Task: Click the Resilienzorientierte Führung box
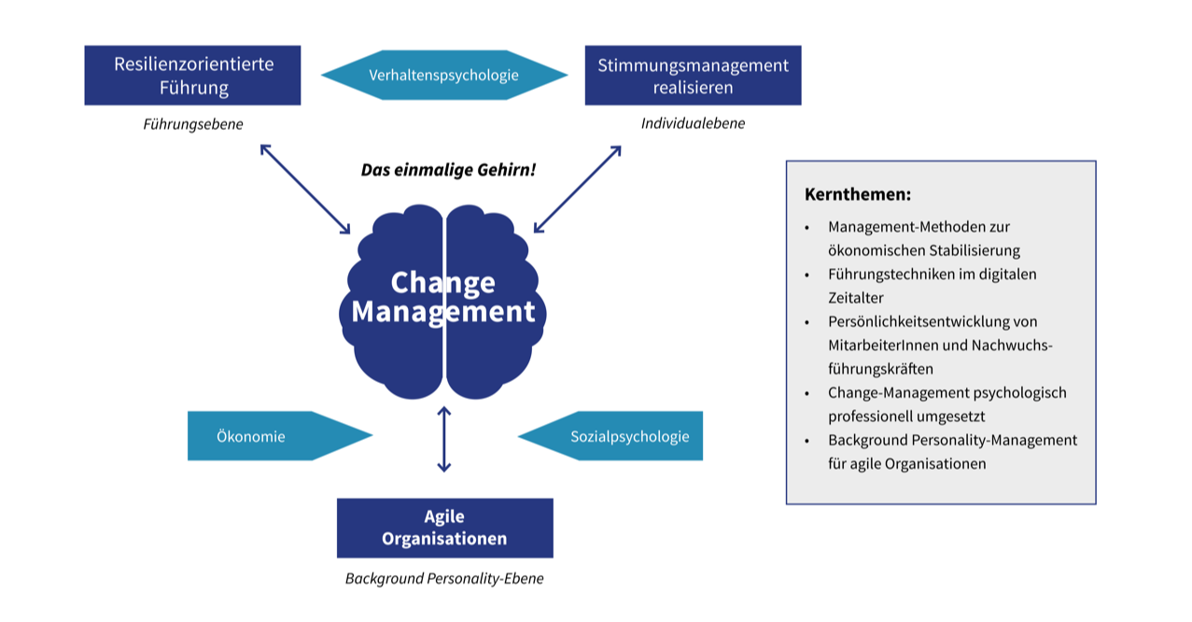(x=192, y=75)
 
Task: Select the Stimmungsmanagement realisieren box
(x=693, y=75)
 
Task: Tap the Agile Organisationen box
(x=445, y=528)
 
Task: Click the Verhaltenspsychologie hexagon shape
(x=444, y=75)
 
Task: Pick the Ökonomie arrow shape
(x=280, y=435)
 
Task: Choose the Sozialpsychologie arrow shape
(x=610, y=435)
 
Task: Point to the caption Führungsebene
(x=193, y=124)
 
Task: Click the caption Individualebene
(x=693, y=123)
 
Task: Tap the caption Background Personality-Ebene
(x=444, y=578)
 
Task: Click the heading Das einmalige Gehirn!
(x=448, y=170)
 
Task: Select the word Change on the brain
(x=442, y=282)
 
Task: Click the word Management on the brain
(x=442, y=311)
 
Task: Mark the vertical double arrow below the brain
(x=444, y=439)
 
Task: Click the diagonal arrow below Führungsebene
(x=305, y=189)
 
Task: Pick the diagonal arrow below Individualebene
(x=578, y=189)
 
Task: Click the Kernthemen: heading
(x=858, y=194)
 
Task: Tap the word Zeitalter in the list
(x=856, y=298)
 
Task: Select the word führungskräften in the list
(x=880, y=369)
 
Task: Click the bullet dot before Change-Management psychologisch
(x=807, y=394)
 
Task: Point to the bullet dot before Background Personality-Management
(x=807, y=442)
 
